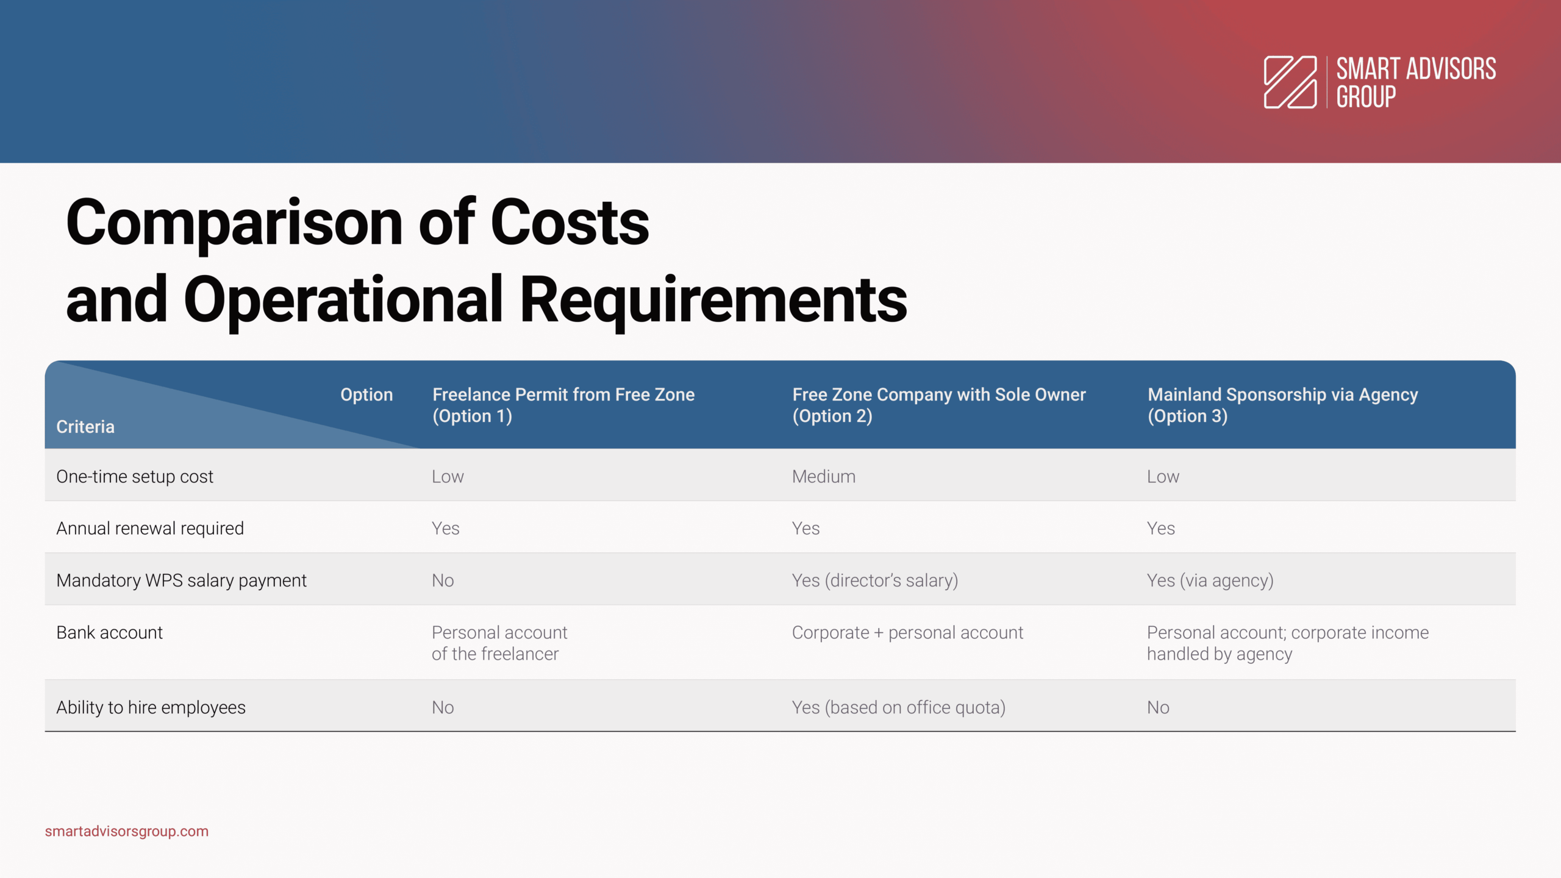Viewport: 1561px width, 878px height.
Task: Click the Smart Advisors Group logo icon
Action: (x=1290, y=82)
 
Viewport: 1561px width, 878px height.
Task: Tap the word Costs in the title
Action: (x=570, y=223)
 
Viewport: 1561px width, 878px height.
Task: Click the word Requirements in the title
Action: (x=713, y=301)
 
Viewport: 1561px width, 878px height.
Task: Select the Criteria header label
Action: (x=85, y=427)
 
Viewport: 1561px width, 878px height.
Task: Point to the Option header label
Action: (x=366, y=395)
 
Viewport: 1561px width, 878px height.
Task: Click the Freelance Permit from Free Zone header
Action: (x=563, y=405)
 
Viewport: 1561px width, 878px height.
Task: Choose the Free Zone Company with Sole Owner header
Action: (x=939, y=405)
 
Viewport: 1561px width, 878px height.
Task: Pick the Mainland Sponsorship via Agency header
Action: (x=1283, y=405)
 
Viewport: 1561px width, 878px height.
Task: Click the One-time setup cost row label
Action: (x=135, y=477)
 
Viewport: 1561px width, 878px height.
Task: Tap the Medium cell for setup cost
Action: (x=824, y=477)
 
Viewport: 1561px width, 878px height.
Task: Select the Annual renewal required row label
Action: (x=150, y=529)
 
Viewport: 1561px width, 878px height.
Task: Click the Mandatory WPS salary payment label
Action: (x=181, y=581)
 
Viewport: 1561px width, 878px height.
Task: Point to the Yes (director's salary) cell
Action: (x=875, y=581)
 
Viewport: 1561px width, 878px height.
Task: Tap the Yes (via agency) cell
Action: (x=1210, y=581)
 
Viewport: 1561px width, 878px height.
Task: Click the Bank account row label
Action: (x=109, y=633)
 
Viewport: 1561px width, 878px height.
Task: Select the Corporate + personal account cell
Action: (x=907, y=633)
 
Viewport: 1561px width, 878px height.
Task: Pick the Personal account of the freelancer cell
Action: (x=499, y=643)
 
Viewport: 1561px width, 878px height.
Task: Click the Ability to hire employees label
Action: (x=151, y=708)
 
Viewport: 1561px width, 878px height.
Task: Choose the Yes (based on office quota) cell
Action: (x=899, y=708)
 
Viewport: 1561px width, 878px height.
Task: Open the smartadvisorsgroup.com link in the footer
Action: (x=127, y=832)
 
